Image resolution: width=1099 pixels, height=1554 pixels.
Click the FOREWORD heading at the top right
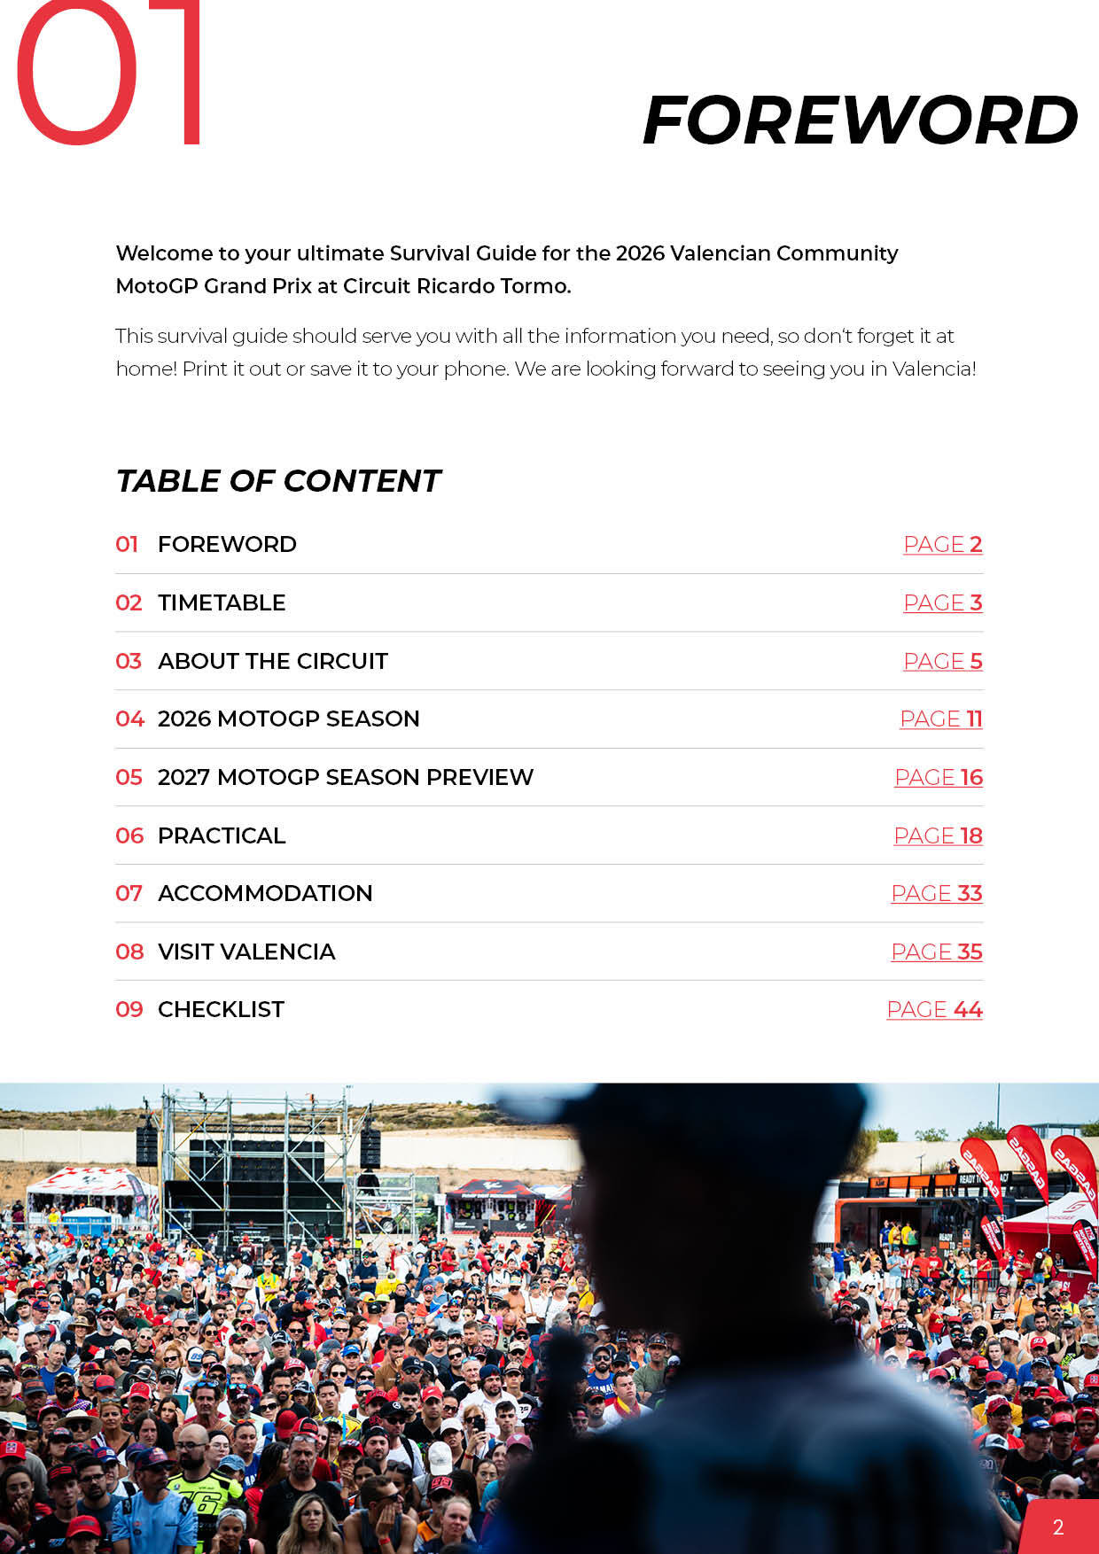point(860,120)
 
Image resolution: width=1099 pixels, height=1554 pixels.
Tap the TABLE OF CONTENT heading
point(278,481)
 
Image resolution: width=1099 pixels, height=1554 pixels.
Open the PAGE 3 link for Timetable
point(942,602)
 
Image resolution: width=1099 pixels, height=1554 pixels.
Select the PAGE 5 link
point(942,661)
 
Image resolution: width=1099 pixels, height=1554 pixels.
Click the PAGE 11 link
point(940,719)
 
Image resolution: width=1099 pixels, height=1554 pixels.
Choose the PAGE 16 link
point(938,777)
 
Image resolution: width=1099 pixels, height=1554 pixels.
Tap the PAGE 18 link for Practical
point(938,835)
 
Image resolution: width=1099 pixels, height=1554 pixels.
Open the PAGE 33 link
point(936,893)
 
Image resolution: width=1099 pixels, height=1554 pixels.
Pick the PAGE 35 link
point(936,952)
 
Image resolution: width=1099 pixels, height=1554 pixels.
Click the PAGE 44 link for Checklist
point(934,1009)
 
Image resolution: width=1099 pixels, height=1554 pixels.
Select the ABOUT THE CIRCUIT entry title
point(273,661)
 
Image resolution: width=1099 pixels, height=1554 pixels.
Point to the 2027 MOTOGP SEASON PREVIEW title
point(346,777)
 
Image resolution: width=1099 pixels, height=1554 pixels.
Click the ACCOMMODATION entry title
point(265,893)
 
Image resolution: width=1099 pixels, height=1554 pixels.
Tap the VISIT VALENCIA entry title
point(246,952)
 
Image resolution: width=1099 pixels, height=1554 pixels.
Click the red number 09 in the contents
point(129,1009)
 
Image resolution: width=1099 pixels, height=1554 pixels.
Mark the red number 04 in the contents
point(129,719)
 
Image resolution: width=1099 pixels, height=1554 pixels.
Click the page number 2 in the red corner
point(1058,1527)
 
